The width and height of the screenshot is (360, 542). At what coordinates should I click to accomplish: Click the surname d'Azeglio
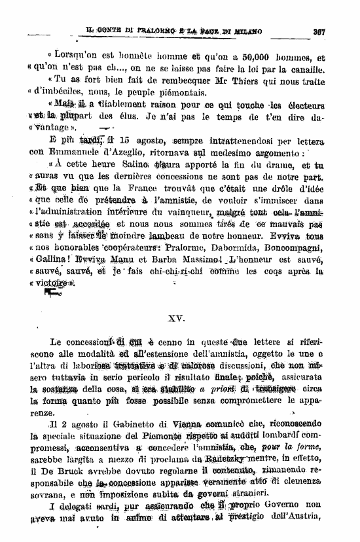pos(124,152)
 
